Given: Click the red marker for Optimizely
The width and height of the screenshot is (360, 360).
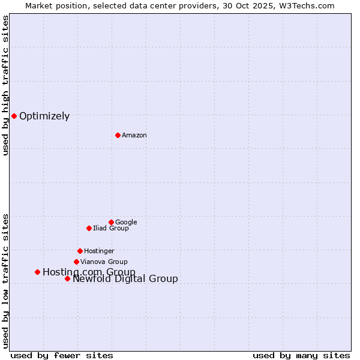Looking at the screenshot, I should tap(14, 116).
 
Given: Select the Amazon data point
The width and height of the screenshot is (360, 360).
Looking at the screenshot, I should tap(118, 135).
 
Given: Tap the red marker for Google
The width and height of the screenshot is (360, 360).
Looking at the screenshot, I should tap(111, 222).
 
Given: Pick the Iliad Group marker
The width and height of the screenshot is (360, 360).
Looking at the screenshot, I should tap(89, 228).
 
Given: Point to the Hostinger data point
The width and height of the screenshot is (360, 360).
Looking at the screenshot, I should tap(80, 251).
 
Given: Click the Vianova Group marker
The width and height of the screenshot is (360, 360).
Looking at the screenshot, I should tap(76, 262).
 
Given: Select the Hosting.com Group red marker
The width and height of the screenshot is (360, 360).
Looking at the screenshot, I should tap(37, 272).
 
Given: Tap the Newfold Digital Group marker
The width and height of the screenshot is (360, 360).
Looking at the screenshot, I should tap(67, 278).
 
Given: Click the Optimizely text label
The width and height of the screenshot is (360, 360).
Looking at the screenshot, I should tap(44, 116).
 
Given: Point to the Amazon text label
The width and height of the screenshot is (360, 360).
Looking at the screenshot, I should tap(134, 136).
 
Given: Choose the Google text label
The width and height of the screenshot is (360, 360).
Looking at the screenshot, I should tap(126, 222).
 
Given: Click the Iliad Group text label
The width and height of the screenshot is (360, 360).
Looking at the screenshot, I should tap(111, 228).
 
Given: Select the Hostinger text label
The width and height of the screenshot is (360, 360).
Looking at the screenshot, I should tap(99, 251).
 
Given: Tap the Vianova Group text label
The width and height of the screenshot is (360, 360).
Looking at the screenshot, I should tap(104, 262).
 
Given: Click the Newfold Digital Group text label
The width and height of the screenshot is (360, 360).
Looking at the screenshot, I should tap(125, 279).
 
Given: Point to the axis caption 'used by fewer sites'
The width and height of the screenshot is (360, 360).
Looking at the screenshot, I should tap(62, 355).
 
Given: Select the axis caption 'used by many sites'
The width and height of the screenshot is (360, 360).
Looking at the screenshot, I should tap(301, 355).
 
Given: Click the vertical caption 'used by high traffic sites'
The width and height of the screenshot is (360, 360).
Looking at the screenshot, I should tap(6, 85).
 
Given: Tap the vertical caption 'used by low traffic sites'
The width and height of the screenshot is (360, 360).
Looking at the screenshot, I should tap(6, 281).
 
